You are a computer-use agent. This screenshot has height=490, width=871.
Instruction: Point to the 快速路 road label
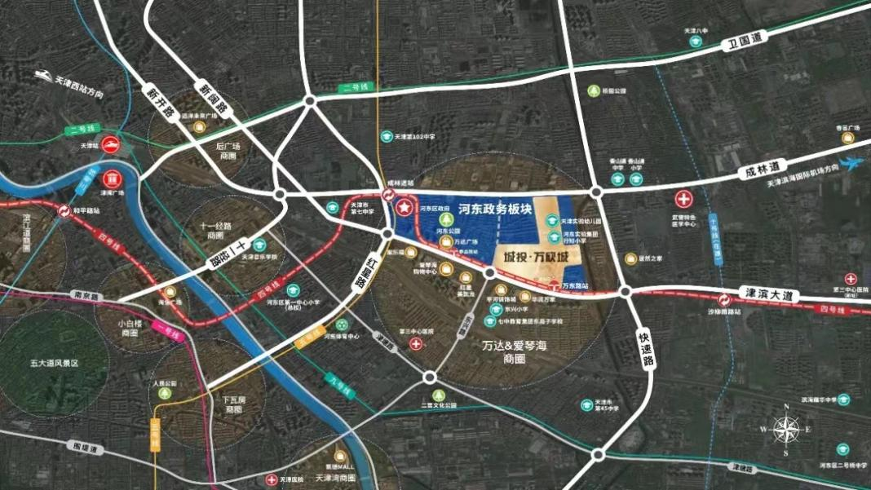click(643, 350)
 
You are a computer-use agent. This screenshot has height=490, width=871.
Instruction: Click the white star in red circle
click(405, 209)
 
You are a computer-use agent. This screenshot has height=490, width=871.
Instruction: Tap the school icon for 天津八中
click(689, 42)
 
